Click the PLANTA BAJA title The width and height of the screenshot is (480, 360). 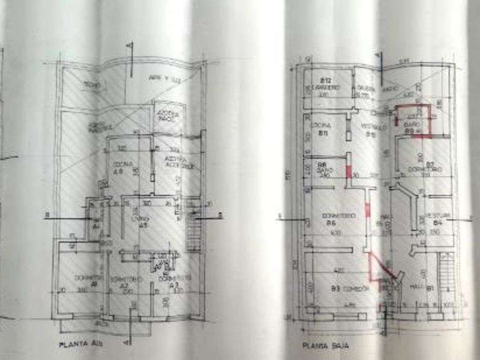[x=325, y=345]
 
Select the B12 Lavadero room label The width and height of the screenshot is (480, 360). [x=326, y=83]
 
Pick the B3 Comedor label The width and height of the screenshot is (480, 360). [x=345, y=289]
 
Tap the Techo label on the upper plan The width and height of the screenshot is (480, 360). [x=93, y=85]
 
